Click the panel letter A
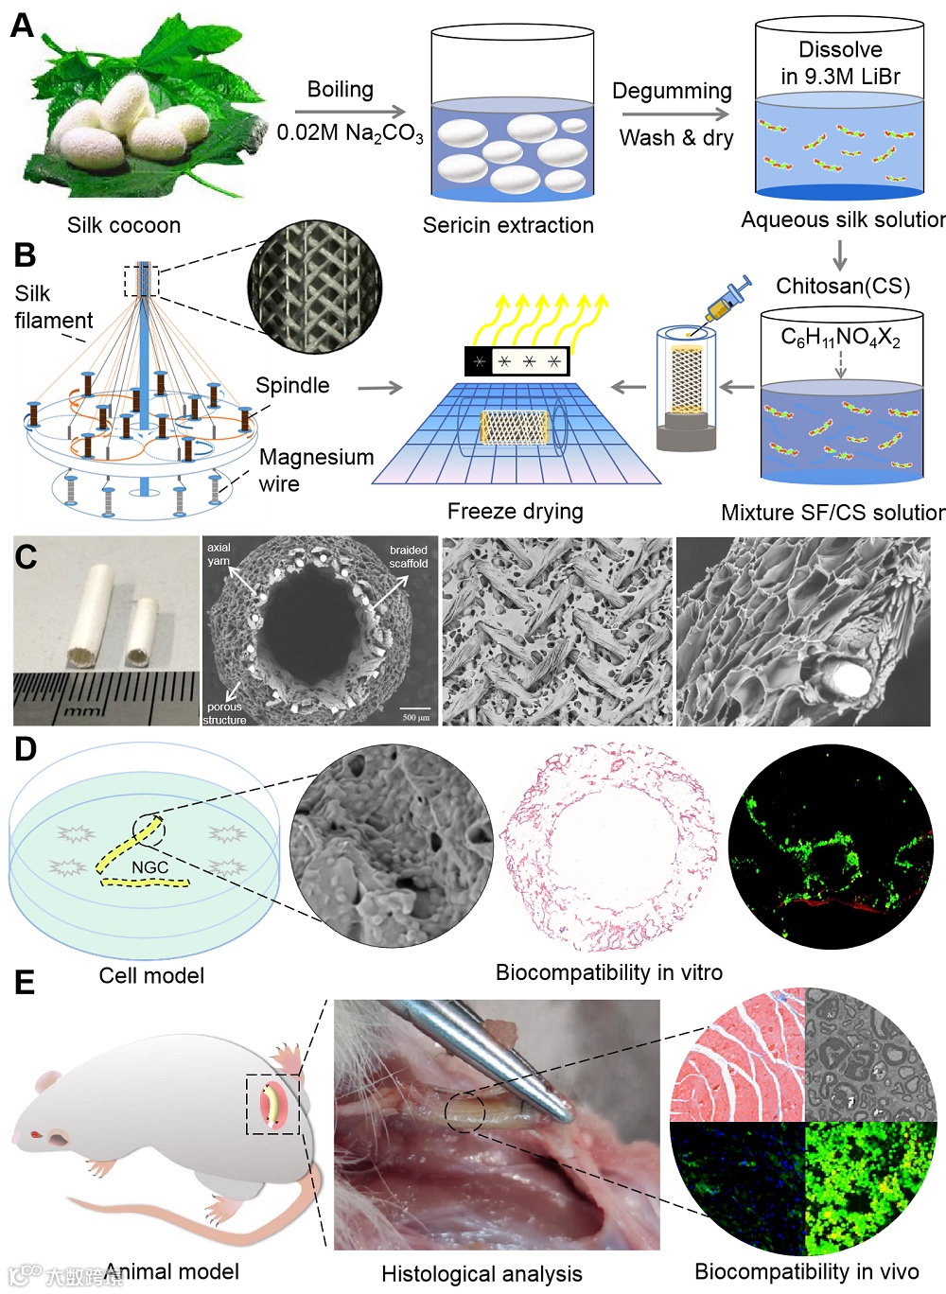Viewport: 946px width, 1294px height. [22, 25]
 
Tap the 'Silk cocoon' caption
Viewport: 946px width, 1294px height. [124, 225]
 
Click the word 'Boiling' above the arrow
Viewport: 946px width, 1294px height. [341, 89]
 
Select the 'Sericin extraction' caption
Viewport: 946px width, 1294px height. [508, 225]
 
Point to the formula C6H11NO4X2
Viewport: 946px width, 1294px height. [840, 338]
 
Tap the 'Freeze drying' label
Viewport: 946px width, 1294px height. [515, 511]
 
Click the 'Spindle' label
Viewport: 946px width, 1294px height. [292, 385]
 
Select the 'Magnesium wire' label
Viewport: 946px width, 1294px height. [316, 470]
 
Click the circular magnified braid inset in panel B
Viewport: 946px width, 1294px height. [315, 286]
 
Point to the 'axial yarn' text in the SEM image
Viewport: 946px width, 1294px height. [219, 554]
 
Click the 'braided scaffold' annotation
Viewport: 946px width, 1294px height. [409, 556]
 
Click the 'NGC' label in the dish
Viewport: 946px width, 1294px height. [149, 867]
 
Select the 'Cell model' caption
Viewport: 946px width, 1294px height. [151, 975]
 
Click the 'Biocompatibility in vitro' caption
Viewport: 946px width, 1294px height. [608, 972]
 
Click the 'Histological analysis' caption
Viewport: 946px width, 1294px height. [482, 1273]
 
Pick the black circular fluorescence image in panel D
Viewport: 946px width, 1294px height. [831, 847]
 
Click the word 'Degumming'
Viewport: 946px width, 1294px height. [672, 91]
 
